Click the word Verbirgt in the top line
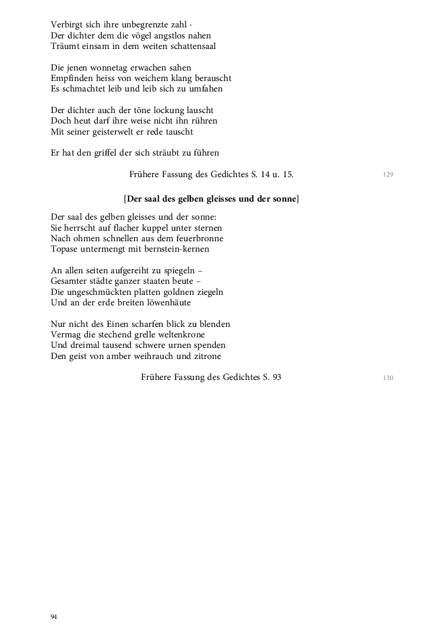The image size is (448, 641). point(66,25)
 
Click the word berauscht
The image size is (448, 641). point(209,78)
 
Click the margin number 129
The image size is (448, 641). point(389,174)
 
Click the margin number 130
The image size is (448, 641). point(389,378)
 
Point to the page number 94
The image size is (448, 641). point(54,617)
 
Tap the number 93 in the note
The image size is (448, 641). point(276,377)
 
